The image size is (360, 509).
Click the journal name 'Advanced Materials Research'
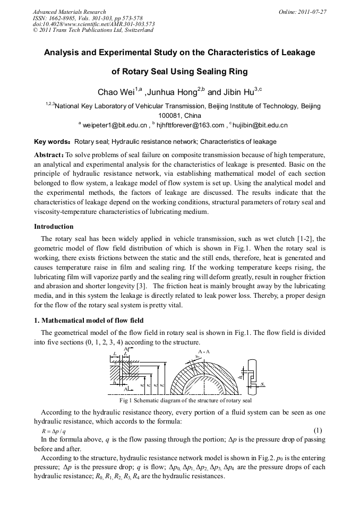coord(70,12)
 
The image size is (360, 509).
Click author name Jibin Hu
coord(232,92)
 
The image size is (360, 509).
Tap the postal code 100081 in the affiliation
coord(171,115)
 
